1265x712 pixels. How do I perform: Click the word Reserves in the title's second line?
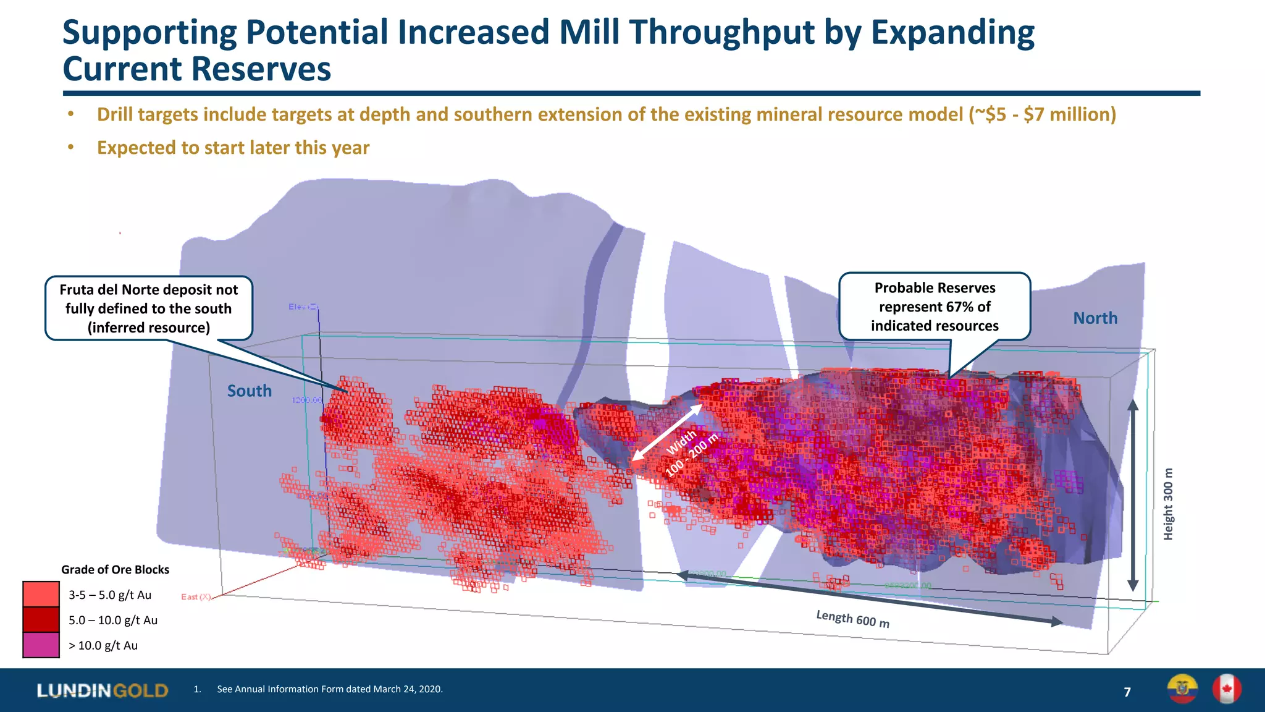[x=261, y=69]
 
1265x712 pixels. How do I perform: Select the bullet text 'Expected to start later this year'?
[x=233, y=148]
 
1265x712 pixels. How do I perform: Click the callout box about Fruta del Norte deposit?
[x=148, y=308]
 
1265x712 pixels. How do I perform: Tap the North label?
[x=1095, y=318]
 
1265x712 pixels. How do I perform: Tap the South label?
[x=249, y=391]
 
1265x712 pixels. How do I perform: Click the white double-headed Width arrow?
[x=667, y=432]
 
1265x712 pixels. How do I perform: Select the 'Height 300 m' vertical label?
[x=1167, y=504]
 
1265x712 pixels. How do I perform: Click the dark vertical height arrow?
[x=1132, y=494]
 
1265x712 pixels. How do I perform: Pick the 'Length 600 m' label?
[x=852, y=619]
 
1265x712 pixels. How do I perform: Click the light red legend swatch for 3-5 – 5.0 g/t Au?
[x=41, y=595]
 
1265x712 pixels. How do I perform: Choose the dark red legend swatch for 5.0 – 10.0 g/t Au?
[x=41, y=620]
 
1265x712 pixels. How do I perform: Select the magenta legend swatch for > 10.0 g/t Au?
[x=41, y=645]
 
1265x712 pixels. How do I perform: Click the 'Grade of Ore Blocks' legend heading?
[x=115, y=570]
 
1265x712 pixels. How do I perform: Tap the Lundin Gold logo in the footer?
[x=102, y=690]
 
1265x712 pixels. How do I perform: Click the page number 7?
[x=1127, y=692]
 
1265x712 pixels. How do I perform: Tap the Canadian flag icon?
[x=1226, y=689]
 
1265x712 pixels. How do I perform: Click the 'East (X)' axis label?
[x=196, y=597]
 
